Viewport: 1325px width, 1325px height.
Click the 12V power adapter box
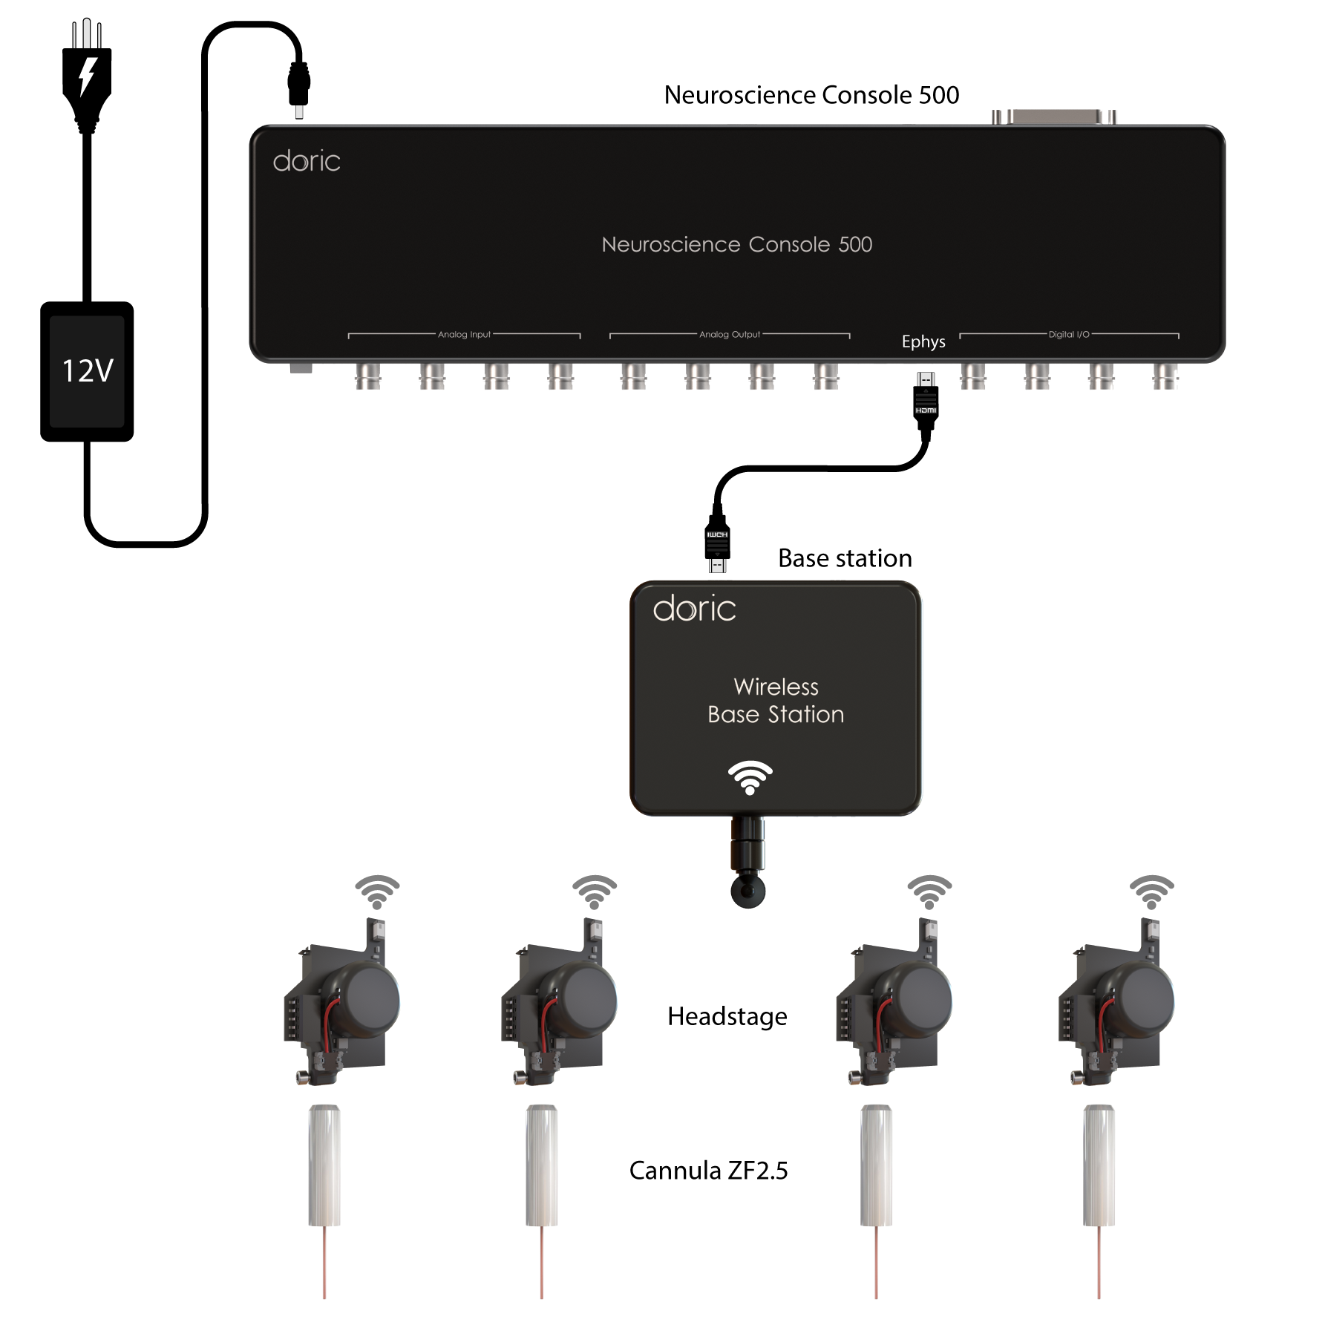[87, 371]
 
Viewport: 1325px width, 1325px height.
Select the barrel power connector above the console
[298, 85]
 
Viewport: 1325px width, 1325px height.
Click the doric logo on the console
[307, 161]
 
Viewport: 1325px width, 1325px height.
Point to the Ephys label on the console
[923, 341]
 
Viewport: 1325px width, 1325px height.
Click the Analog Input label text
[464, 335]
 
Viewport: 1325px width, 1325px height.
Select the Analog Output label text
[730, 335]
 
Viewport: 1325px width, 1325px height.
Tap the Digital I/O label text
[1069, 335]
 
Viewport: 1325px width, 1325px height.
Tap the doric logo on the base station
[694, 609]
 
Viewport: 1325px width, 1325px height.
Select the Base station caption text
[845, 558]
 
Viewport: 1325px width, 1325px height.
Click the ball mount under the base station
[747, 889]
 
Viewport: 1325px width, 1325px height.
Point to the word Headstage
[727, 1016]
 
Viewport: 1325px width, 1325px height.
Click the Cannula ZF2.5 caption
[708, 1171]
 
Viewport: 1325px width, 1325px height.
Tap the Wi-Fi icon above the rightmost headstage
[1151, 891]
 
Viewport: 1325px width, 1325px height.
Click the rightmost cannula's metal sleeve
[1099, 1165]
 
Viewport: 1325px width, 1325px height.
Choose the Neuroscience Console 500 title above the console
[811, 95]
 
